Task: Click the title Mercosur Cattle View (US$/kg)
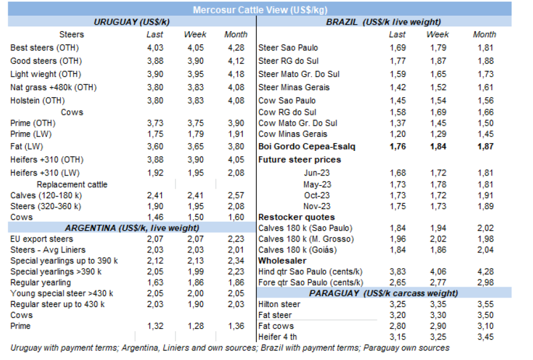click(x=260, y=10)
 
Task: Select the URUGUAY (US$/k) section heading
click(x=132, y=22)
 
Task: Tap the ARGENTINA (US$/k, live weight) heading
click(x=132, y=228)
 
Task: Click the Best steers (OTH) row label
click(x=44, y=47)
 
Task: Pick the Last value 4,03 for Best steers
click(x=155, y=47)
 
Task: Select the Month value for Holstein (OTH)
click(x=236, y=100)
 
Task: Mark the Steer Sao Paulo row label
click(x=288, y=47)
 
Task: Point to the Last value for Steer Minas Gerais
click(x=398, y=87)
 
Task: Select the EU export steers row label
click(x=41, y=239)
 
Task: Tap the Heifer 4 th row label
click(x=278, y=337)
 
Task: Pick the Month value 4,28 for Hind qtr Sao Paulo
click(x=484, y=272)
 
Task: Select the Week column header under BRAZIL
click(x=437, y=34)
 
